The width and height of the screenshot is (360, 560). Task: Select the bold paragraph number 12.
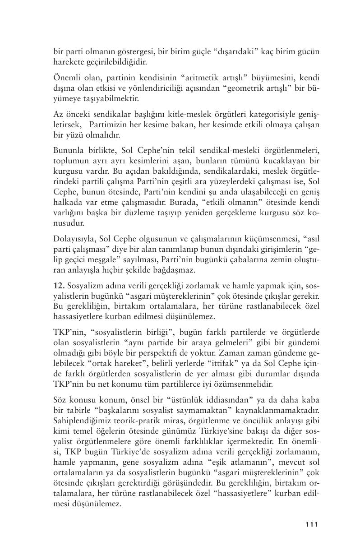coord(59,287)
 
